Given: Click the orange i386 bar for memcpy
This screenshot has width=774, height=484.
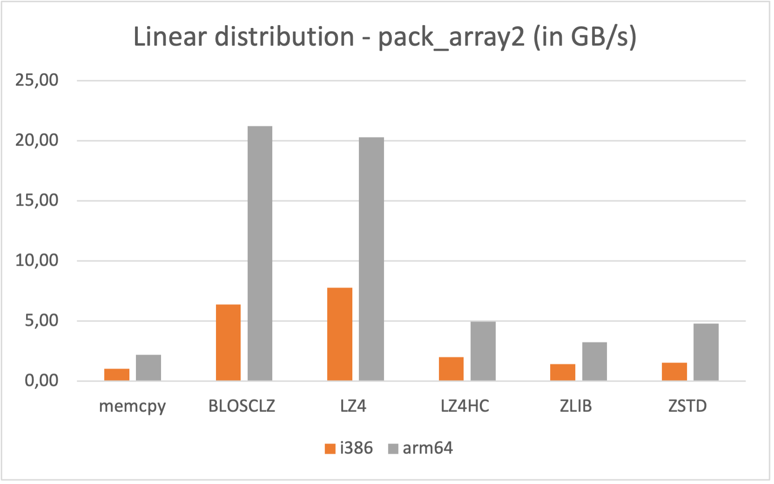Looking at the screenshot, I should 117,375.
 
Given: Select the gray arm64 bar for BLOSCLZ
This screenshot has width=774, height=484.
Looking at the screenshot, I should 260,254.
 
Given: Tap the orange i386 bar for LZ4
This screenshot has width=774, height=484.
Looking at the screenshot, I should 340,334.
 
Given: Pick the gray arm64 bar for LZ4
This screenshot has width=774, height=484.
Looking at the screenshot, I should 371,259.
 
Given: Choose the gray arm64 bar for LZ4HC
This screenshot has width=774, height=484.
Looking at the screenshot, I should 483,351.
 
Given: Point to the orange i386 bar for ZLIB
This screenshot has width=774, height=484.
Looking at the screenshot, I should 563,372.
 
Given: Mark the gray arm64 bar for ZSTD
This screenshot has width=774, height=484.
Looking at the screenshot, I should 706,352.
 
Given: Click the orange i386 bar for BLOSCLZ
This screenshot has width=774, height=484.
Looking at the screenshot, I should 228,343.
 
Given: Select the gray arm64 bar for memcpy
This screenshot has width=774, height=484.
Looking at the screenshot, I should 148,368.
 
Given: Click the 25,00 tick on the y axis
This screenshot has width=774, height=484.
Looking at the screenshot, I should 37,81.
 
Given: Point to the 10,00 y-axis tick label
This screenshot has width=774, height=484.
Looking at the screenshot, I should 37,261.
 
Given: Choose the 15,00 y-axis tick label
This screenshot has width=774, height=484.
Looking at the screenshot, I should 37,201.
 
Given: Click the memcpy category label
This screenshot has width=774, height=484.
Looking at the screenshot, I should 133,407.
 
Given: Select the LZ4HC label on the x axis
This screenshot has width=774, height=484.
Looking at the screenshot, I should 465,406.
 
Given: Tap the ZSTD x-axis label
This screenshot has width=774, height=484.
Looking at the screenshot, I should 687,406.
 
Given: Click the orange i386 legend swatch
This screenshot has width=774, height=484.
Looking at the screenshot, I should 330,449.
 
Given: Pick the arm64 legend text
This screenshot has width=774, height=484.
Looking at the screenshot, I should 428,448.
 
